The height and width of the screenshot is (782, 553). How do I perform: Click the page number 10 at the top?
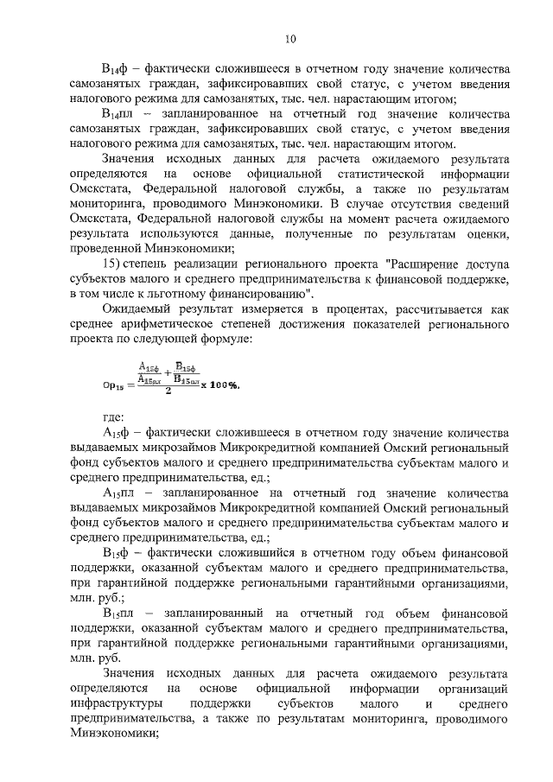290,38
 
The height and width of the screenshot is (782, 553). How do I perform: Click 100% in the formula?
219,385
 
